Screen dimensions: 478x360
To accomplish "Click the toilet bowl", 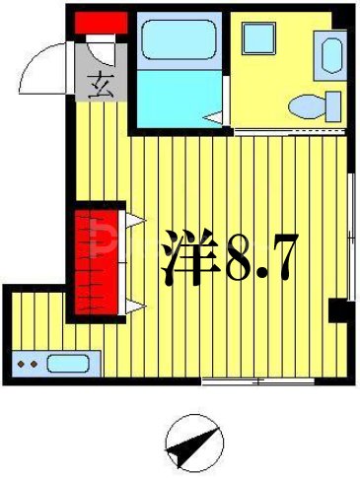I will click(x=314, y=103).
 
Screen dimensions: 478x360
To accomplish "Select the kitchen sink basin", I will click(x=69, y=363).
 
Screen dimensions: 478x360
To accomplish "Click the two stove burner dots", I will click(x=28, y=365).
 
